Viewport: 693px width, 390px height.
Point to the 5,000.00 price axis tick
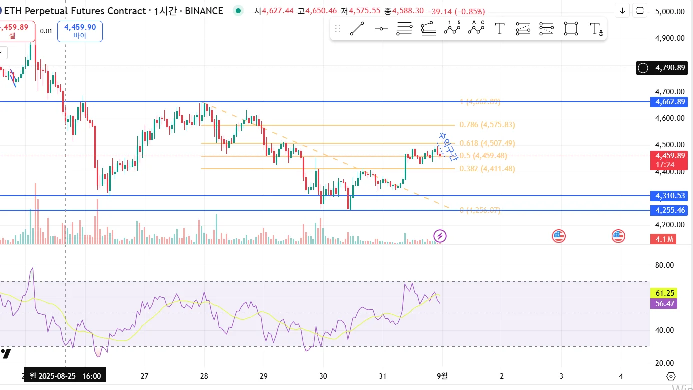click(670, 11)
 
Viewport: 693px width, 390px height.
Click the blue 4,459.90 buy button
click(80, 31)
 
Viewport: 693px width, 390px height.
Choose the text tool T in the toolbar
click(499, 29)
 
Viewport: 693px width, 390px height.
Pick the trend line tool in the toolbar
click(357, 29)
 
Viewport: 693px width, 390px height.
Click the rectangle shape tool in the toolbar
click(571, 29)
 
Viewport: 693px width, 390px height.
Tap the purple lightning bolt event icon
click(440, 236)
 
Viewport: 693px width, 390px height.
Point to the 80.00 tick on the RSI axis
click(664, 265)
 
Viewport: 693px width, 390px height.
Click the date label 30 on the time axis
click(323, 376)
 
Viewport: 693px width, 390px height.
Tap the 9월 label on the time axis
click(442, 376)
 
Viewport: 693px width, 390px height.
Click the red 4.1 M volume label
click(663, 239)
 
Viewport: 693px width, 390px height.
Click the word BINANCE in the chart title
click(204, 11)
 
